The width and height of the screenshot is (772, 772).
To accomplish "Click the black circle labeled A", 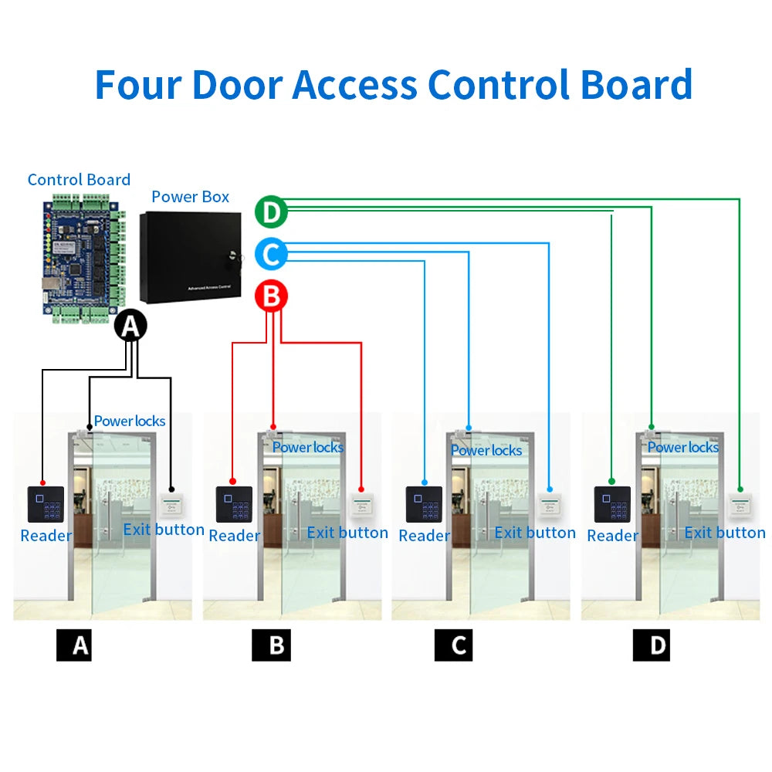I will pos(130,327).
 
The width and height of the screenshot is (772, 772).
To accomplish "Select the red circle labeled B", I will pos(271,296).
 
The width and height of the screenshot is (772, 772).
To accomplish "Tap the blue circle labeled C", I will pos(271,254).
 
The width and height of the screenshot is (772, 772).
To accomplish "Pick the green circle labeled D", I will pos(271,212).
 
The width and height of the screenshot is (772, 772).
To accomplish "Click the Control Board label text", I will pos(79,180).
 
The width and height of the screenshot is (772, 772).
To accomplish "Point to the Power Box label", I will pos(191,197).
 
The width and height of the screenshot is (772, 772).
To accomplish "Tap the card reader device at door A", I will pos(42,504).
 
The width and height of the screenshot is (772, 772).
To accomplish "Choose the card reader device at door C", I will pos(423,504).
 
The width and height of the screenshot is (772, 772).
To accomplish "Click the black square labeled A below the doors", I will pos(74,645).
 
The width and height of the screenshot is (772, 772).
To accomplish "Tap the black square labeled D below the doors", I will pos(651,645).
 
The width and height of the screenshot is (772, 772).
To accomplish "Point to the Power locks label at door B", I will pos(308,447).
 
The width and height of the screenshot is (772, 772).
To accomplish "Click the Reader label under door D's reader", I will pos(612,536).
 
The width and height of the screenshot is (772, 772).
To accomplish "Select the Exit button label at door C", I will pos(535,533).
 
